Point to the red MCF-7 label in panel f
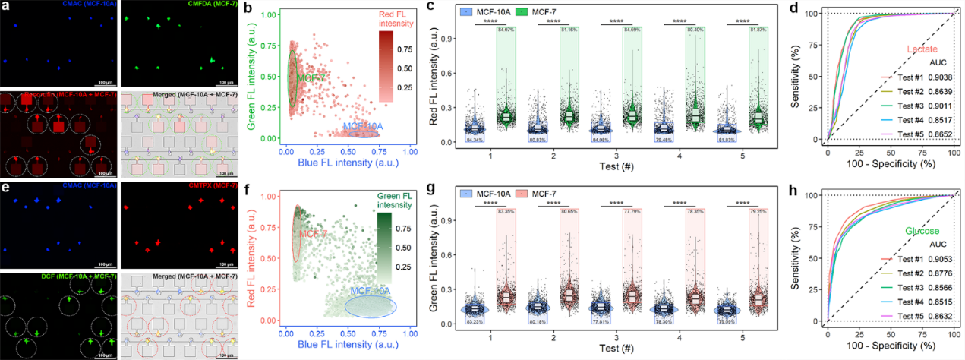coord(311,233)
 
